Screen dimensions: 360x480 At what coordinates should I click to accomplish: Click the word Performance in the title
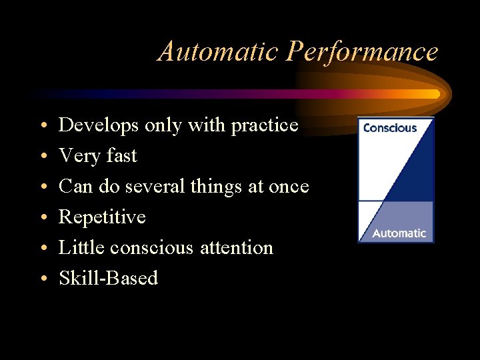[362, 51]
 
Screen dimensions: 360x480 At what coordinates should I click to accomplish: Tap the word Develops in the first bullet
[99, 125]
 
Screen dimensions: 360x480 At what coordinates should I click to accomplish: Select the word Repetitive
[102, 217]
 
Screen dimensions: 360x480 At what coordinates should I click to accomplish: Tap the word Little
[81, 247]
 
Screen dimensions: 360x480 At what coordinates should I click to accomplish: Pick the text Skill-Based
[108, 278]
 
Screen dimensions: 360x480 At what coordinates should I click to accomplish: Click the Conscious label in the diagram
[390, 128]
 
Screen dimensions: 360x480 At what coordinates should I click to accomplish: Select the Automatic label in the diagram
[399, 233]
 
